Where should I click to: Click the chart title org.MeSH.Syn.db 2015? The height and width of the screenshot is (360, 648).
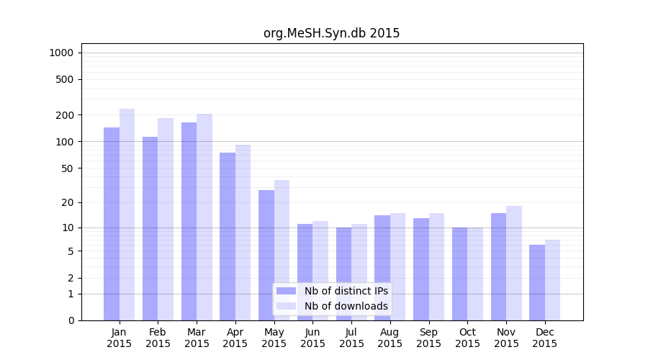(x=331, y=33)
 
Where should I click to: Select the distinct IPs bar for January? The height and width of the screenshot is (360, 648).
(x=112, y=223)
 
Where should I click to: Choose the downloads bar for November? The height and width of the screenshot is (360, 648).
(x=514, y=263)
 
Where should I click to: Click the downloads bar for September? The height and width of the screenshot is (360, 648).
(x=436, y=266)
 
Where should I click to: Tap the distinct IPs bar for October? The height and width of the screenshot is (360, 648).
(x=459, y=274)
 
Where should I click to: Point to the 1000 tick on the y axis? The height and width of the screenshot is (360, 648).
(x=61, y=53)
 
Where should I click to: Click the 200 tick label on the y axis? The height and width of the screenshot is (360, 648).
(x=66, y=115)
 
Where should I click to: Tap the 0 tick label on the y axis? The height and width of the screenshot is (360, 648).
(x=71, y=320)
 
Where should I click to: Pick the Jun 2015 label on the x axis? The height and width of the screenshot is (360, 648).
(x=312, y=338)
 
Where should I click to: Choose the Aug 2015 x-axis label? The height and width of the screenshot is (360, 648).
(x=390, y=338)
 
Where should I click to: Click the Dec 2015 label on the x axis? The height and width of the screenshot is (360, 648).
(x=545, y=338)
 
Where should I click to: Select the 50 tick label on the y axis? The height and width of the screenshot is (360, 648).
(x=68, y=168)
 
